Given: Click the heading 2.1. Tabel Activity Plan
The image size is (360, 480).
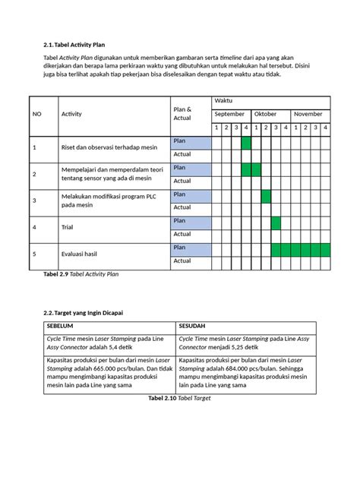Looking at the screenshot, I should [74, 45].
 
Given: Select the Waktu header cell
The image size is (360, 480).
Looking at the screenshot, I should [223, 101].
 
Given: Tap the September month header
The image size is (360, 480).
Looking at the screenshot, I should [229, 114].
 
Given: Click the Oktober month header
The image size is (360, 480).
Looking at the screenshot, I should [265, 114].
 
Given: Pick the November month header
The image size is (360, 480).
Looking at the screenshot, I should [308, 114].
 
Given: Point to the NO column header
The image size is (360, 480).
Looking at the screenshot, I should [36, 114].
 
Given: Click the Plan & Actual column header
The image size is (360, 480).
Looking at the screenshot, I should [182, 114].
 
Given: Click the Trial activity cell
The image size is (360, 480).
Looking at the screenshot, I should [67, 228].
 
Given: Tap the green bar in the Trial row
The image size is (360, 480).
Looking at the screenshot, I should [276, 222].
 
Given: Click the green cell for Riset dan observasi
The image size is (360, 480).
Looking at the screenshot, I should [246, 141].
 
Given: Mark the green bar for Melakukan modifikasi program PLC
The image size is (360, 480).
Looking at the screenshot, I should [266, 195].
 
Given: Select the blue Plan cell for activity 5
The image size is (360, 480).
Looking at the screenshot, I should [191, 248].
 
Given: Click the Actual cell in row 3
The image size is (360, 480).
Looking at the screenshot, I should [191, 208].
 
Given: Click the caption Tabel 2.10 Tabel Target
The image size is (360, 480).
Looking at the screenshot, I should [180, 397].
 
